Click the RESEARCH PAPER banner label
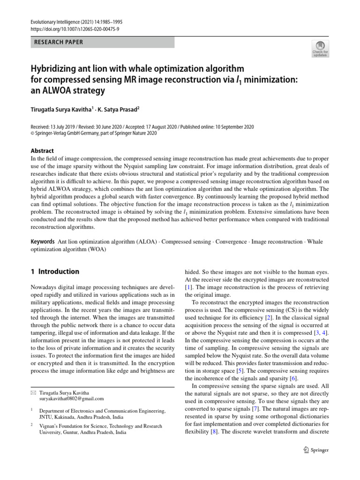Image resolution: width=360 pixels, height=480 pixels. tap(58, 42)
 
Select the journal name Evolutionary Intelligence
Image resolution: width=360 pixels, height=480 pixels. tap(52, 22)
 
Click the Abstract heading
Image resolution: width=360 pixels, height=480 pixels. tap(42, 151)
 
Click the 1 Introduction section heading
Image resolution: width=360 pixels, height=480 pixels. tap(55, 271)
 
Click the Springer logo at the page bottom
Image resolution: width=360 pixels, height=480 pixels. tap(316, 450)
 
